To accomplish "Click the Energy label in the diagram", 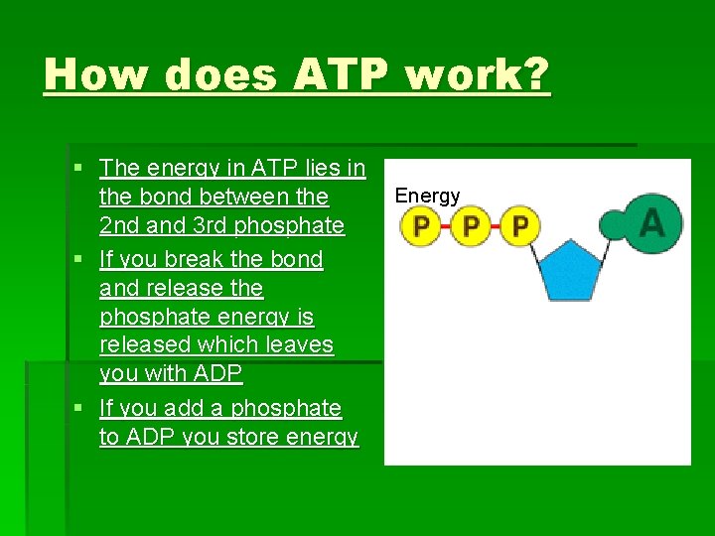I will [427, 196].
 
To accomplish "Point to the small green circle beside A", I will [615, 224].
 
